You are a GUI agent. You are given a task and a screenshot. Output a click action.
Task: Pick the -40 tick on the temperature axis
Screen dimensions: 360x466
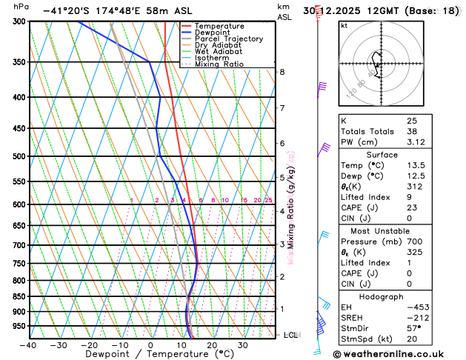tap(28, 344)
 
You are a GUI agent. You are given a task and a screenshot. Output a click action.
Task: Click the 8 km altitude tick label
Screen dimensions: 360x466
tap(282, 72)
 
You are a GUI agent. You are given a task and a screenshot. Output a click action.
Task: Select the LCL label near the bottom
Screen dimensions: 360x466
tap(292, 335)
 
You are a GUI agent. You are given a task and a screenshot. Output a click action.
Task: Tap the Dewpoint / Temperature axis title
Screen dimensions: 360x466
tap(150, 354)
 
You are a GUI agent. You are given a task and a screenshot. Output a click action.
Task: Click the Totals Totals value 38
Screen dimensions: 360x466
tap(412, 131)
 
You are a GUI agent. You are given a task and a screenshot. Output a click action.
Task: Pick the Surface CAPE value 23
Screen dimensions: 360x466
tap(412, 207)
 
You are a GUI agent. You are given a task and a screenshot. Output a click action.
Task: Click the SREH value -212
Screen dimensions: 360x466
tap(416, 318)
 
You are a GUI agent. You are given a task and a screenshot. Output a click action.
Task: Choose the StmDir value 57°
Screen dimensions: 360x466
tap(413, 329)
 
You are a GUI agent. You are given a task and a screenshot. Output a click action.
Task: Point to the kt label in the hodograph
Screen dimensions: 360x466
tap(344, 25)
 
